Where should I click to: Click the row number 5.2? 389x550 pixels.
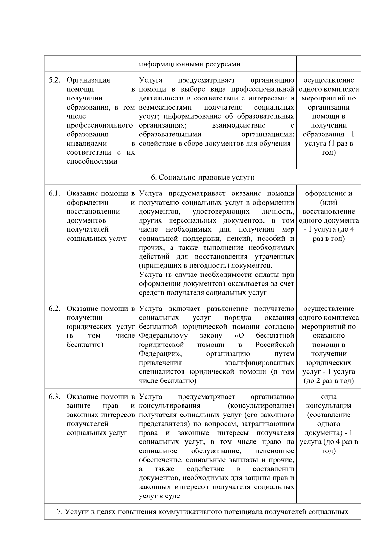[54, 80]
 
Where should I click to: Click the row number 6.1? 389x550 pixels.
[54, 193]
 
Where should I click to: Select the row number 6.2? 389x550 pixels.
[54, 309]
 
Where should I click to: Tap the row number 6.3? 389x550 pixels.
[54, 397]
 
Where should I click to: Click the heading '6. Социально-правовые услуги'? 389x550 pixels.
[203, 178]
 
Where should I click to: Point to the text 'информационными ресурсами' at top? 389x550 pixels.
[190, 64]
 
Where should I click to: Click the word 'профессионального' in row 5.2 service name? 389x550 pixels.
[100, 125]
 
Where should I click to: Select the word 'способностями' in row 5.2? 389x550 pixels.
[92, 161]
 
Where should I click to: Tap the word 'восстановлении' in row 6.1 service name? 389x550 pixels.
[93, 212]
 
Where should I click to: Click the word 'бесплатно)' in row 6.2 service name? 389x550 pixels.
[85, 345]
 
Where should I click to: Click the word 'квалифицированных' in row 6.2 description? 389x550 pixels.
[259, 363]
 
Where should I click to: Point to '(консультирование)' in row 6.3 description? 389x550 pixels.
[261, 406]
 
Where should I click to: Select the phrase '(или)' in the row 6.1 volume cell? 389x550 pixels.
[328, 203]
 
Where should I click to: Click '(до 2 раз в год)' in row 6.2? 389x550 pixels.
[328, 381]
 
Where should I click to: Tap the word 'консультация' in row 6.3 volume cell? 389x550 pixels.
[328, 406]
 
